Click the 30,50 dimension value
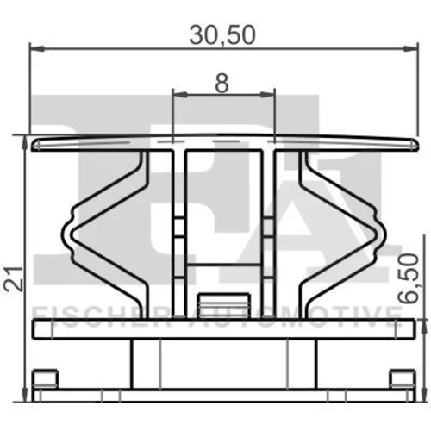pyautogui.click(x=222, y=35)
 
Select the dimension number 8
pyautogui.click(x=222, y=84)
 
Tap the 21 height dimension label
pyautogui.click(x=13, y=279)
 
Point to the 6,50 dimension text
pyautogui.click(x=409, y=278)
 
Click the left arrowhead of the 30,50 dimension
pyautogui.click(x=37, y=48)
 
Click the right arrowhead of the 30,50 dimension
pyautogui.click(x=410, y=48)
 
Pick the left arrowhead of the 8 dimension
pyautogui.click(x=180, y=94)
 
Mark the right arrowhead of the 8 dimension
pyautogui.click(x=267, y=94)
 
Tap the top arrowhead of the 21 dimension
pyautogui.click(x=25, y=142)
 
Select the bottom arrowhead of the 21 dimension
pyautogui.click(x=25, y=394)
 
